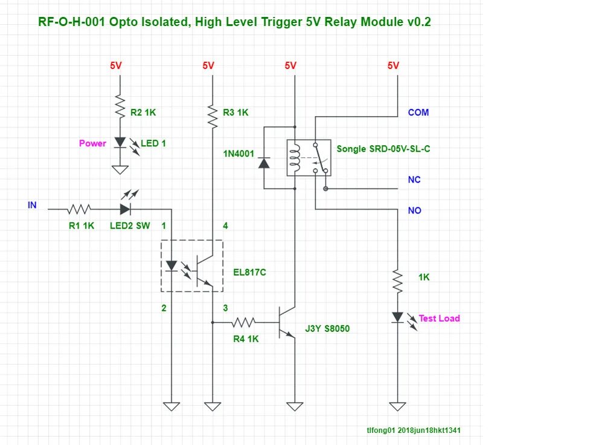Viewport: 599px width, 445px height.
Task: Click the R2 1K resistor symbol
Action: pos(120,107)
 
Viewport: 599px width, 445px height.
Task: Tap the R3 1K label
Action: pos(235,112)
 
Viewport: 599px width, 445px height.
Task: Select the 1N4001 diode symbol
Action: pos(264,163)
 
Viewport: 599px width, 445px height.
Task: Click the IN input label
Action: pos(32,205)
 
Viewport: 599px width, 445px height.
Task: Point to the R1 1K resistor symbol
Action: pos(79,209)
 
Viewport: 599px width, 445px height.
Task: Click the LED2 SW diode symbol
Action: pos(126,209)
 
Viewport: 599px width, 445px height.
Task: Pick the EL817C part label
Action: pos(249,273)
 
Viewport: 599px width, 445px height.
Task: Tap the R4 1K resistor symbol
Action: pos(243,322)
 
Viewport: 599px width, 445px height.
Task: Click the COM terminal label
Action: pos(418,112)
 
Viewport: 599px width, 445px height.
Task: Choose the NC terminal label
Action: pos(414,180)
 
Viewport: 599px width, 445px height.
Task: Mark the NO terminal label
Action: pos(414,210)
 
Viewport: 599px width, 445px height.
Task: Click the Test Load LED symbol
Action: pos(398,317)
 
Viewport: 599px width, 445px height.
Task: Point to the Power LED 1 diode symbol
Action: pos(120,142)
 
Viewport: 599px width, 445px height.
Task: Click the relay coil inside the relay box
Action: pos(295,158)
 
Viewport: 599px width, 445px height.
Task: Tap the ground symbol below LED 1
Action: pos(120,169)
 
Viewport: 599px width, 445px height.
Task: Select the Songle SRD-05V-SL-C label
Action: pos(383,149)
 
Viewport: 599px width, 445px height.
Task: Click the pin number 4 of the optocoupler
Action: pos(225,226)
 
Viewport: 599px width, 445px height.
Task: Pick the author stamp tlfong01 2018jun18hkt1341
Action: pos(414,430)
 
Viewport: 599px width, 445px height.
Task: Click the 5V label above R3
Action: pos(208,65)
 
